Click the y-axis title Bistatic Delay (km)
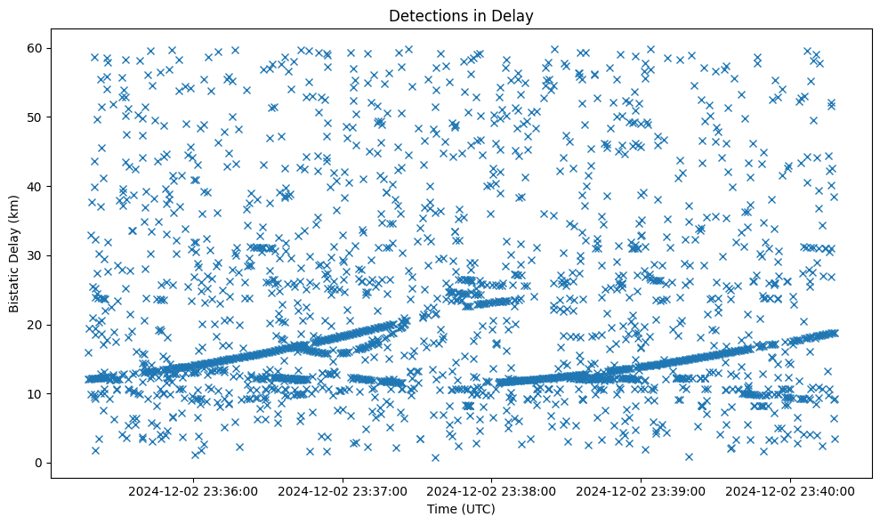coord(14,254)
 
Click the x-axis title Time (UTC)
coord(461,510)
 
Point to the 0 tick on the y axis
coord(38,463)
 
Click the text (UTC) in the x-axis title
coord(478,510)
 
